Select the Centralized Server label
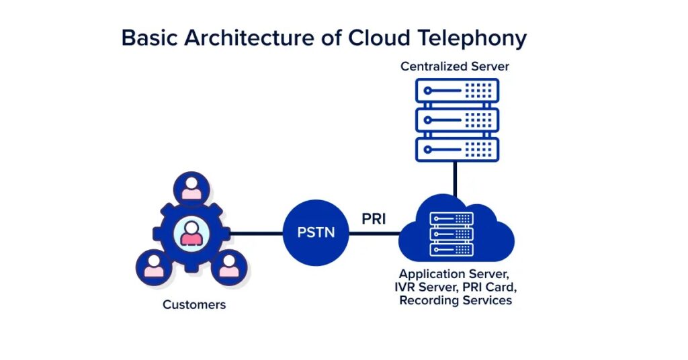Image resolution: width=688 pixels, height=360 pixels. click(x=456, y=66)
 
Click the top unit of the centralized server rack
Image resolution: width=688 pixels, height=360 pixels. click(x=457, y=91)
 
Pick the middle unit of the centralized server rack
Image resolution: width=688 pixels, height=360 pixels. click(x=457, y=120)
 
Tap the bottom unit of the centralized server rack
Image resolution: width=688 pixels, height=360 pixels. click(x=457, y=149)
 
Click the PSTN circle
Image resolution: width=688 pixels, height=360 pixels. click(x=316, y=234)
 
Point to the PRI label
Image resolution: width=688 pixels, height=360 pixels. click(x=374, y=219)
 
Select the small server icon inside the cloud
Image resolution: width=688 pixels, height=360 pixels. click(x=451, y=234)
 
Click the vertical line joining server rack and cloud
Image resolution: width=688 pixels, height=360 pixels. click(x=456, y=179)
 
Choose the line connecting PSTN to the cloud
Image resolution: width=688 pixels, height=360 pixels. click(x=374, y=234)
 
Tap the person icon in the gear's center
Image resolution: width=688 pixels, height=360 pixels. click(x=191, y=233)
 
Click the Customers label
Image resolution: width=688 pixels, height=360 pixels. click(x=194, y=305)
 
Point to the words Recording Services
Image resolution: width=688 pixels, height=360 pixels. click(x=455, y=300)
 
